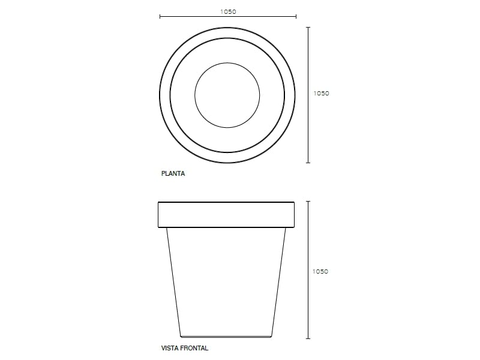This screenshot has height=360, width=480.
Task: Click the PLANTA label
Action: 173,174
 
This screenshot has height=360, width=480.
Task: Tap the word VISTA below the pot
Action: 170,348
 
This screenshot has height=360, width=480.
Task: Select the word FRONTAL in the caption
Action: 194,348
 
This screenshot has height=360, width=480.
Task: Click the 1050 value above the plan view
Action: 227,11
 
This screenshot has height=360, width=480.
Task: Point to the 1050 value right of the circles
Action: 322,94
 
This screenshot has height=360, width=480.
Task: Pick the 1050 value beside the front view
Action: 322,271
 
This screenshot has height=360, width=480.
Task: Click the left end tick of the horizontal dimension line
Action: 160,17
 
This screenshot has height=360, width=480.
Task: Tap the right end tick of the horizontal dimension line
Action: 296,17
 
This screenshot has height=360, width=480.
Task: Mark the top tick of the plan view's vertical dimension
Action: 308,27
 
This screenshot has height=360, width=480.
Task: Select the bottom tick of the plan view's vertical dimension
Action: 308,163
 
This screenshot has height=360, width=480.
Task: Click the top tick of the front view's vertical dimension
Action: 308,201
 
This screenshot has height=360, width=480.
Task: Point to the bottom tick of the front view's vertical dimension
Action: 308,337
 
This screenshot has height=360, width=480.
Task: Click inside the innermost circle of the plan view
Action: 227,95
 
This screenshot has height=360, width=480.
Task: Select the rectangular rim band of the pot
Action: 226,215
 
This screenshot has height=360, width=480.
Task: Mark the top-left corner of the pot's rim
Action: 158,202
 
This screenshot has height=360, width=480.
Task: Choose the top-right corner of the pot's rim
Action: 295,202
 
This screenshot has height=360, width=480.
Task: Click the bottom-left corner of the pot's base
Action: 181,336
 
